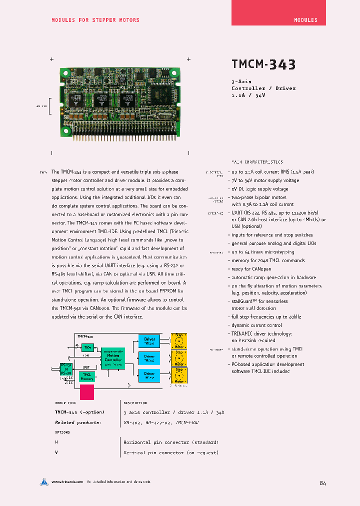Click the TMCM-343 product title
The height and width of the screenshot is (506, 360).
pyautogui.click(x=263, y=64)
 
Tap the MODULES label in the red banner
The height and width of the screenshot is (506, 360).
pyautogui.click(x=305, y=20)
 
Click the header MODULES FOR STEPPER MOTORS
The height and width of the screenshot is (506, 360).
pyautogui.click(x=95, y=20)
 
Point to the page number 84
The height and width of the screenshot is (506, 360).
pyautogui.click(x=322, y=483)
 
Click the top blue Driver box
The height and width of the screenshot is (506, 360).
pyautogui.click(x=149, y=341)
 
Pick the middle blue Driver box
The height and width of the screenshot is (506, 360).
pyautogui.click(x=149, y=358)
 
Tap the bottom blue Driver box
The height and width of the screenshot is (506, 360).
pyautogui.click(x=149, y=375)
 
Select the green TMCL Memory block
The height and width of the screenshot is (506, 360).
pyautogui.click(x=87, y=376)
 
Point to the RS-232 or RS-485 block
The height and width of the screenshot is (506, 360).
pyautogui.click(x=66, y=369)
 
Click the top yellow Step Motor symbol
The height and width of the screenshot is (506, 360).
pyautogui.click(x=179, y=341)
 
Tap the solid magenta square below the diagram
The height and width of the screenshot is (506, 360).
pyautogui.click(x=87, y=391)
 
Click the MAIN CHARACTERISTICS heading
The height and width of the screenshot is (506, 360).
pyautogui.click(x=257, y=162)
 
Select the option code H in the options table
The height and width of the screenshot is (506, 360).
pyautogui.click(x=56, y=442)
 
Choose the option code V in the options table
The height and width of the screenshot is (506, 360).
pyautogui.click(x=56, y=452)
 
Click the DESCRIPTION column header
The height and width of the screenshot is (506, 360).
pyautogui.click(x=135, y=402)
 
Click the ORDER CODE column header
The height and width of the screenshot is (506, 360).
pyautogui.click(x=66, y=402)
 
